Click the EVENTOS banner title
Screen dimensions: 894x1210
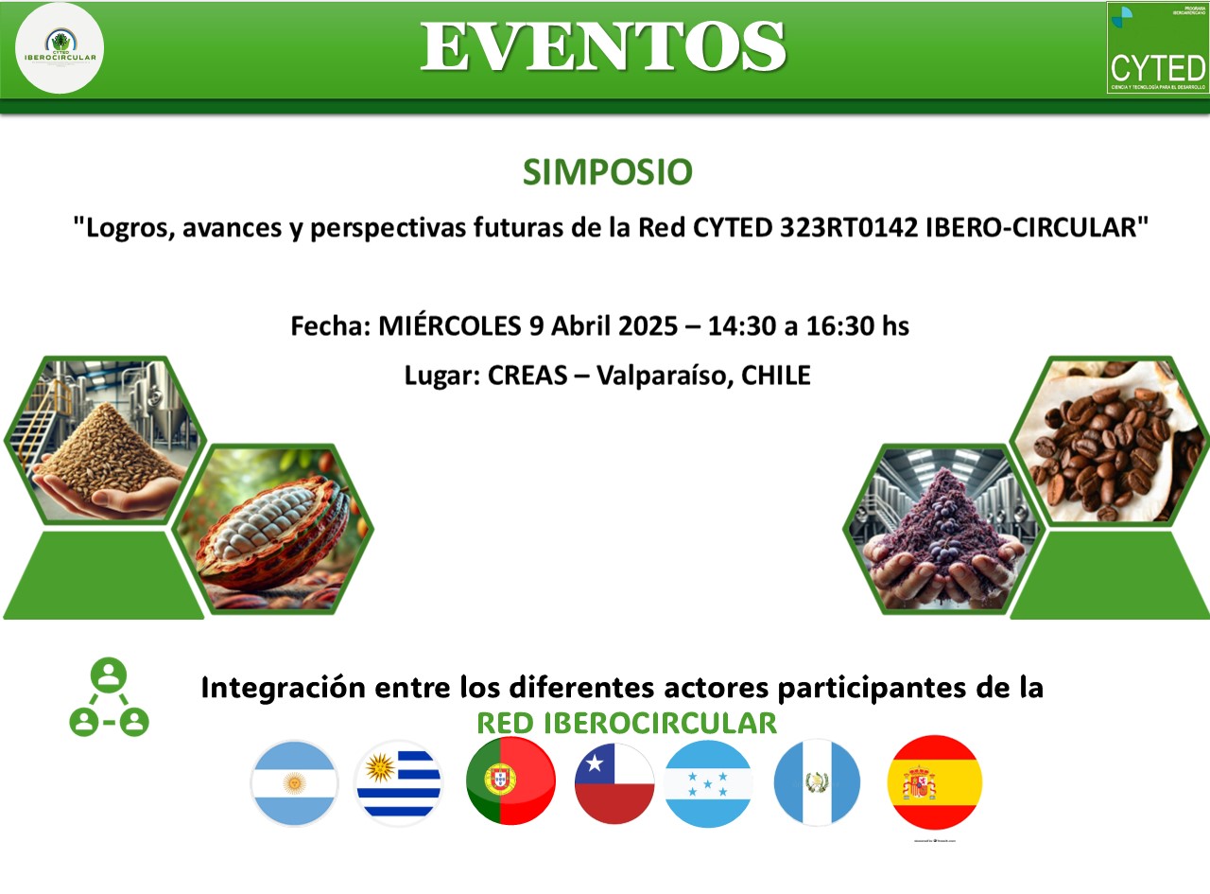coord(603,45)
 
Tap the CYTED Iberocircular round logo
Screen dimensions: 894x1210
coord(60,47)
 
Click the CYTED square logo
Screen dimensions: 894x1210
coord(1157,47)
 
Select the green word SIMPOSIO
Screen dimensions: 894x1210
coord(607,172)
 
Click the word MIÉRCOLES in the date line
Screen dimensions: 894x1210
coord(447,326)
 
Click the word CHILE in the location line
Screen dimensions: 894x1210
coord(776,376)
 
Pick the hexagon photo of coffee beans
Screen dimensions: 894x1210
coord(1101,441)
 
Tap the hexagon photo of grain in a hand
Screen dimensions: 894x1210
coord(104,441)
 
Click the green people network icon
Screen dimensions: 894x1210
coord(110,700)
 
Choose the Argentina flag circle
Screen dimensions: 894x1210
coord(294,783)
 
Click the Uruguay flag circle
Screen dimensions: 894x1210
coord(398,783)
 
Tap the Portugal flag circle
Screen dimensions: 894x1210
coord(510,781)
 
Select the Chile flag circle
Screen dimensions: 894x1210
coord(614,783)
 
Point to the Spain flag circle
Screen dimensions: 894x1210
coord(934,782)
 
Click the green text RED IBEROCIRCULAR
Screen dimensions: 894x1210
coord(626,724)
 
